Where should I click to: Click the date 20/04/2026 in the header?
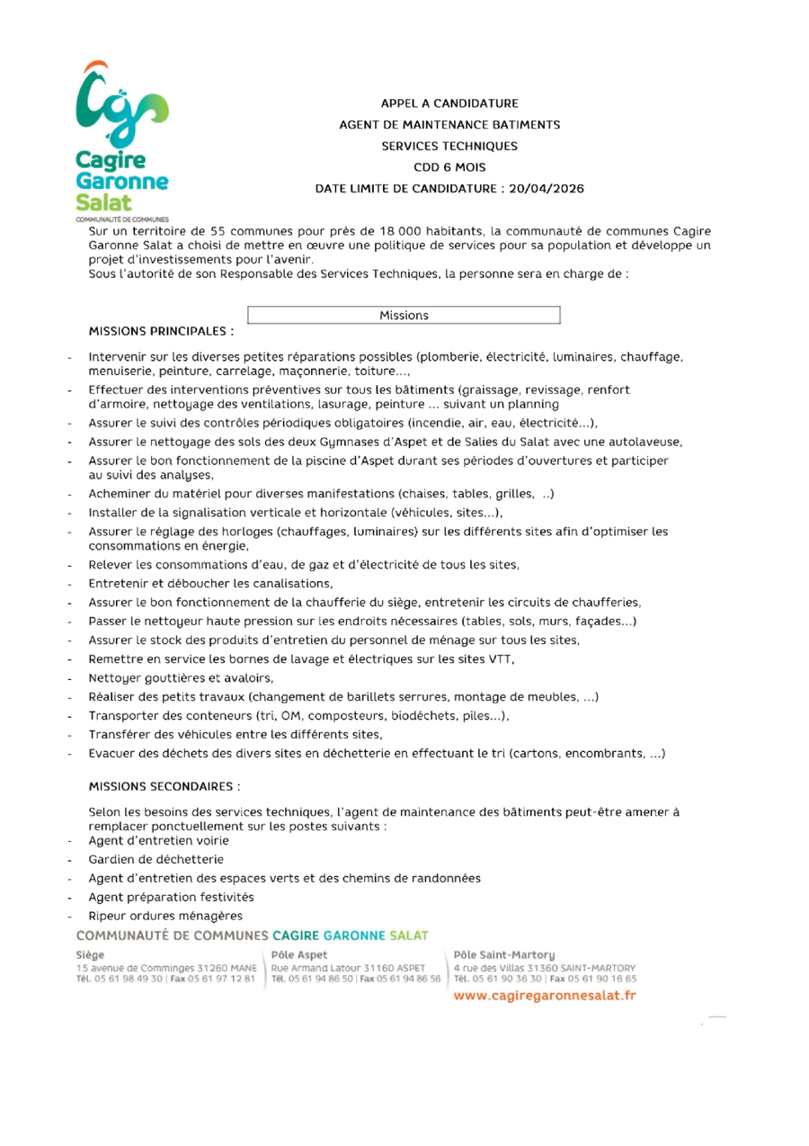546,188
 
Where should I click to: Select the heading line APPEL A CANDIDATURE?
449,103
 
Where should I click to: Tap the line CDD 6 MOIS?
449,166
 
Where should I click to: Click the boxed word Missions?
404,315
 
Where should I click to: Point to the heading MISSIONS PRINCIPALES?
161,332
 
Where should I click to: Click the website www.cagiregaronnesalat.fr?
544,997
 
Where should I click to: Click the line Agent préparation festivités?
171,897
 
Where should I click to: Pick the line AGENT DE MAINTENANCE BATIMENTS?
449,124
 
